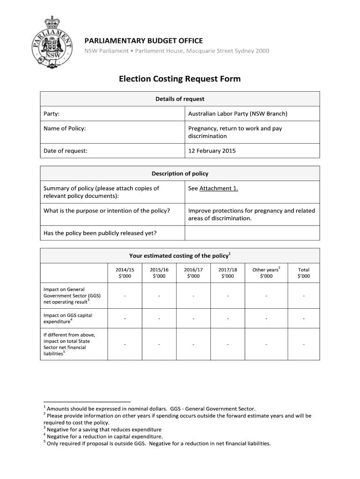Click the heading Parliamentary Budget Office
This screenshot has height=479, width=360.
(x=143, y=41)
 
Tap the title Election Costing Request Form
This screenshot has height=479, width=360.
(x=180, y=79)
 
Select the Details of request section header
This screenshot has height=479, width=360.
(x=180, y=99)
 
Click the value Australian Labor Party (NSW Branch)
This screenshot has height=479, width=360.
(x=238, y=114)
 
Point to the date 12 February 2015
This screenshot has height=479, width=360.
(x=212, y=151)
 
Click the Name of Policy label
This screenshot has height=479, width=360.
(x=65, y=128)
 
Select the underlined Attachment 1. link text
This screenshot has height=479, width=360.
(x=219, y=189)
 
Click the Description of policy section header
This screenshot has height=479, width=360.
(x=180, y=174)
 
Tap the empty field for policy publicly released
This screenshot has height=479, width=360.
(x=252, y=233)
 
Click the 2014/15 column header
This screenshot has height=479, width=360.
(x=125, y=273)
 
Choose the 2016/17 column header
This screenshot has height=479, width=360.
(x=193, y=273)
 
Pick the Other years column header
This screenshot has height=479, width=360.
(x=266, y=273)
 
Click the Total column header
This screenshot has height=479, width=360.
(x=303, y=273)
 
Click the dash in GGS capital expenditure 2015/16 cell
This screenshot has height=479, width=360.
(x=159, y=319)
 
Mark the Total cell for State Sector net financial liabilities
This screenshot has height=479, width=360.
(x=303, y=345)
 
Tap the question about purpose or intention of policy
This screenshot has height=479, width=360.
(x=107, y=210)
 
